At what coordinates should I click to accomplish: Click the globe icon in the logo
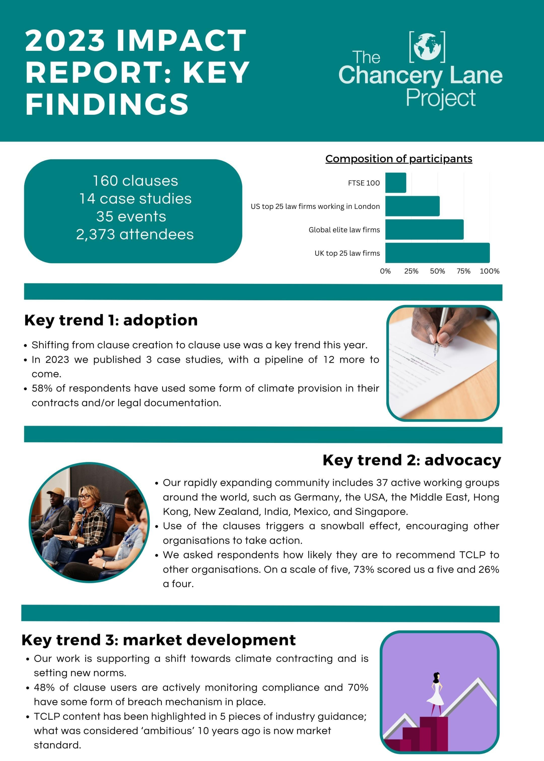tap(427, 47)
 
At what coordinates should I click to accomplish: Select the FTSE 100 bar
tap(395, 183)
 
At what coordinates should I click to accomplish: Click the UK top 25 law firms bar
tap(437, 253)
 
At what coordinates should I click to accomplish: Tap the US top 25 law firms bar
tap(412, 206)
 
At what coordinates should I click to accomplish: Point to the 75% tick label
tap(463, 271)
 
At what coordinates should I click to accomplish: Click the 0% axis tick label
tap(385, 271)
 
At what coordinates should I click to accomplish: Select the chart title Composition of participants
tap(399, 159)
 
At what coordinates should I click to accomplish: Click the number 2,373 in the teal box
tap(95, 234)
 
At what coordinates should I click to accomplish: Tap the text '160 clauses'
tap(135, 181)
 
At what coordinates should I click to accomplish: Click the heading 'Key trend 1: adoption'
tap(111, 320)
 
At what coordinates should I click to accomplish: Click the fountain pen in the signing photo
tap(440, 331)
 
